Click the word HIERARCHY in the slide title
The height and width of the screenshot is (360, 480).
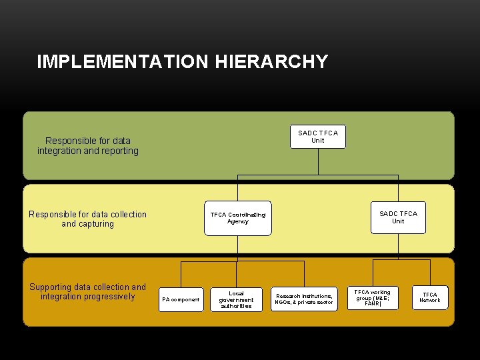pyautogui.click(x=271, y=62)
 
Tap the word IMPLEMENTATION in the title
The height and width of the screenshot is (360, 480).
pyautogui.click(x=124, y=62)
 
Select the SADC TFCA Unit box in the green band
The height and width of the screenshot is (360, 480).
pyautogui.click(x=318, y=137)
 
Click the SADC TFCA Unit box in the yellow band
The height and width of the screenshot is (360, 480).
pyautogui.click(x=398, y=217)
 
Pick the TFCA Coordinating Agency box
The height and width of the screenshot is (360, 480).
pyautogui.click(x=238, y=218)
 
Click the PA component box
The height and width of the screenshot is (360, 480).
pyautogui.click(x=181, y=299)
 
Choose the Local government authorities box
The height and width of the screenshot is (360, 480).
pyautogui.click(x=236, y=299)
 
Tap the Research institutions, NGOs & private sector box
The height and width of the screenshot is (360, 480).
pyautogui.click(x=304, y=299)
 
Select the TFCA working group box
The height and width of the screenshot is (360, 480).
pyautogui.click(x=372, y=297)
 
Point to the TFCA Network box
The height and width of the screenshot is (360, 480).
pyautogui.click(x=430, y=297)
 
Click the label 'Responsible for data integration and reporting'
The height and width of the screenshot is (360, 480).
pyautogui.click(x=88, y=146)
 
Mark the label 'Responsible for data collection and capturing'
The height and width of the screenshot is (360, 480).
pyautogui.click(x=88, y=219)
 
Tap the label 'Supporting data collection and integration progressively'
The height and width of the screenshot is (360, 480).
pyautogui.click(x=88, y=292)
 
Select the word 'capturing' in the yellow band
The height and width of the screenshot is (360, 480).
pyautogui.click(x=96, y=224)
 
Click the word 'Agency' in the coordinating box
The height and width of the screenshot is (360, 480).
pyautogui.click(x=238, y=221)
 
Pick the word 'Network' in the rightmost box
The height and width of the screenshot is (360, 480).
pyautogui.click(x=430, y=301)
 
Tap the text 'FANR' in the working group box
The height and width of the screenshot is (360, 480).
pyautogui.click(x=372, y=303)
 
